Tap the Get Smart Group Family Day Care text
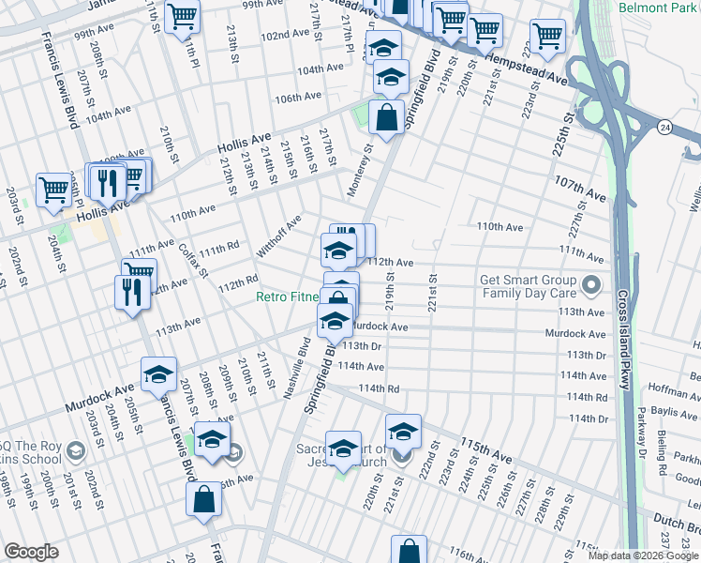529,286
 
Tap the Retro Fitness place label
289,298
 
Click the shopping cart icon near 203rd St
53,190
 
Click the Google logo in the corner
32,551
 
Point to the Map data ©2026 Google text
642,555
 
